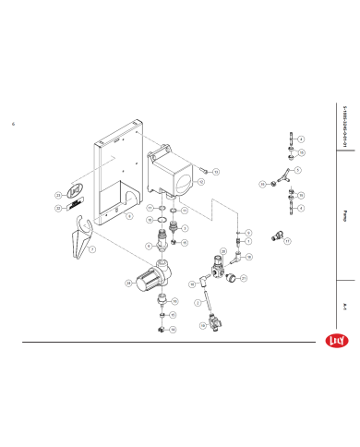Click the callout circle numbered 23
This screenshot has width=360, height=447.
click(x=58, y=196)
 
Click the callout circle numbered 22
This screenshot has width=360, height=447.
click(x=58, y=209)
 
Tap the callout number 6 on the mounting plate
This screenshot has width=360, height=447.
click(x=129, y=216)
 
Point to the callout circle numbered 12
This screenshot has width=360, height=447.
click(x=200, y=183)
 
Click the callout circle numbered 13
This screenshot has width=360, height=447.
click(x=215, y=172)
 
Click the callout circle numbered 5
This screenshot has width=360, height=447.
click(x=297, y=171)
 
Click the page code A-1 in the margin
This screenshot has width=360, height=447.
click(x=344, y=304)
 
